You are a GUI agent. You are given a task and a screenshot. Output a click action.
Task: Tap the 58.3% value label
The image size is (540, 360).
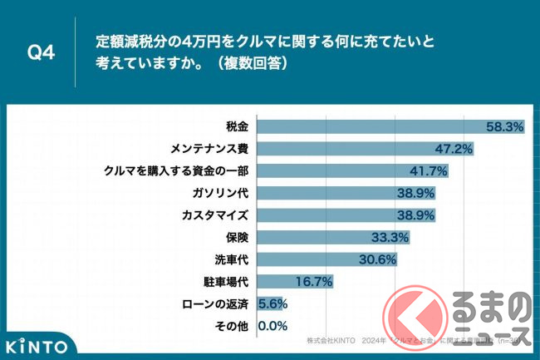pyautogui.click(x=503, y=127)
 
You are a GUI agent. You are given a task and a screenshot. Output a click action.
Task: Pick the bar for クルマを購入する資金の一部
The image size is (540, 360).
pyautogui.click(x=341, y=171)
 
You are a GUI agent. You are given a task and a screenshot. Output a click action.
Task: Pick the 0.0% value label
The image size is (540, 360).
pyautogui.click(x=273, y=326)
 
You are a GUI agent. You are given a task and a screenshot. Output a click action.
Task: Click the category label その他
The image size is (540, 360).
pyautogui.click(x=233, y=326)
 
